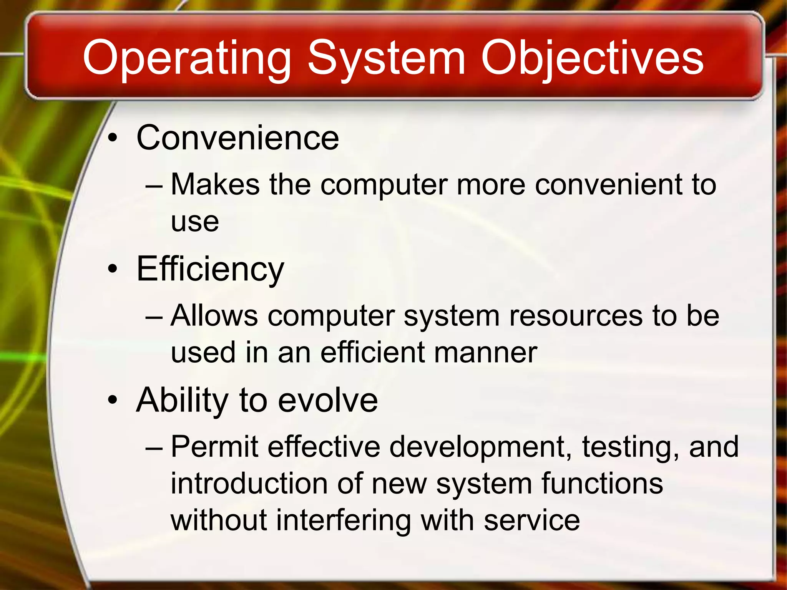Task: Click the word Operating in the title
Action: coord(187,58)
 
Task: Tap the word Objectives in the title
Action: coord(592,58)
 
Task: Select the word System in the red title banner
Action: coord(386,58)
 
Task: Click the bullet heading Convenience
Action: coord(238,138)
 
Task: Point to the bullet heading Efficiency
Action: coord(210,269)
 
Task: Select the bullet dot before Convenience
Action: coord(112,138)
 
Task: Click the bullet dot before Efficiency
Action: coord(112,269)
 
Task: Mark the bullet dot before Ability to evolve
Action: coord(112,400)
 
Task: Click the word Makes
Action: coord(215,184)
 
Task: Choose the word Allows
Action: coord(214,316)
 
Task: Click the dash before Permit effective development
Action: coord(154,448)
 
